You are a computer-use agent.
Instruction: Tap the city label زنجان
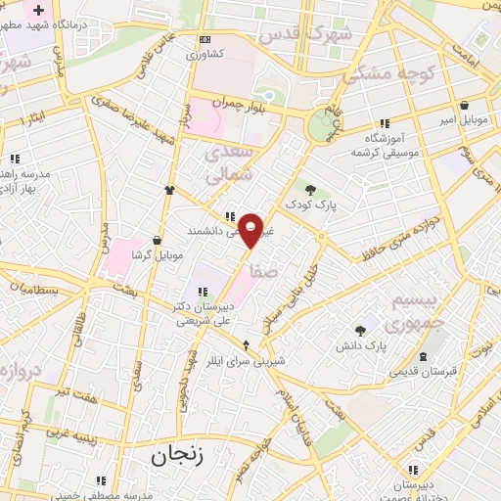pyautogui.click(x=174, y=456)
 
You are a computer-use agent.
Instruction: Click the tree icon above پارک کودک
pyautogui.click(x=311, y=190)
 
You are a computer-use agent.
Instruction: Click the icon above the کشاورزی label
pyautogui.click(x=204, y=39)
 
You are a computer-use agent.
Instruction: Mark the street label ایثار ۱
pyautogui.click(x=32, y=119)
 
